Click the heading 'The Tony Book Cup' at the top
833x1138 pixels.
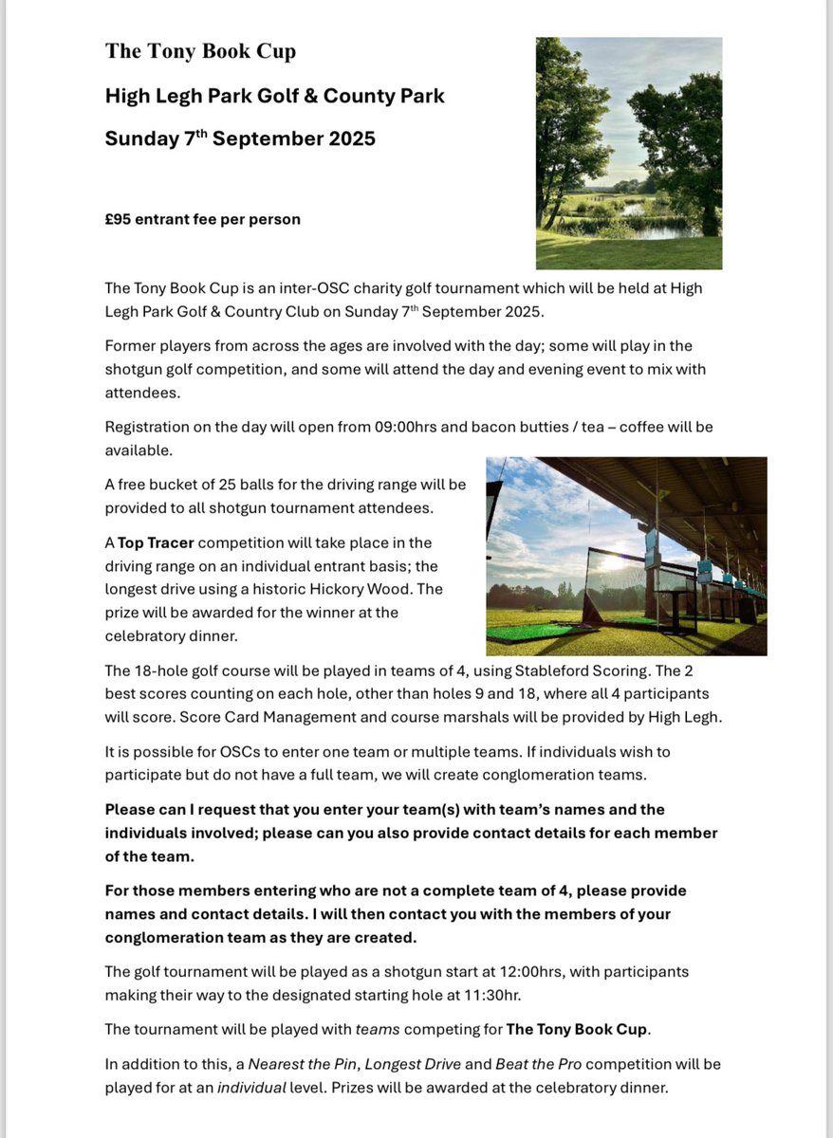click(200, 51)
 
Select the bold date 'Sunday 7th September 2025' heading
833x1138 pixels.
click(240, 138)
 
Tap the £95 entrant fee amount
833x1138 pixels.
click(118, 219)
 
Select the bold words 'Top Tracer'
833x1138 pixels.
click(157, 542)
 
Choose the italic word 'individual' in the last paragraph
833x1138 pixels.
click(252, 1088)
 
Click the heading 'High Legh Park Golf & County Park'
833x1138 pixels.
click(274, 96)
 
